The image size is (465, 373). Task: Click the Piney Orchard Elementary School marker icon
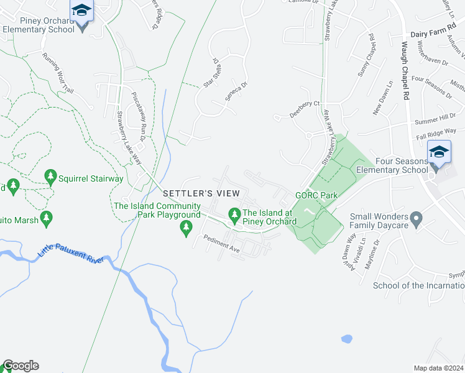point(81,11)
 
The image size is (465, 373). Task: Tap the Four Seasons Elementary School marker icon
point(438,153)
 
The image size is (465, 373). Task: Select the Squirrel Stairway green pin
point(50,178)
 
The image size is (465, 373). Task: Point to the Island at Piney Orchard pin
point(234,215)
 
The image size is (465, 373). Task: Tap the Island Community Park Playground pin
point(185,228)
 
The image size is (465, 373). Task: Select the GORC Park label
point(316,195)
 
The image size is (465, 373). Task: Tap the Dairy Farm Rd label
point(433,37)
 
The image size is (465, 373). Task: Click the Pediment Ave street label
point(221,242)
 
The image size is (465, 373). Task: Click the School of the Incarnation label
point(418,285)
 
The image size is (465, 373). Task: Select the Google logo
point(21,366)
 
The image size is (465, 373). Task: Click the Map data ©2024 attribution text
point(438,368)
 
